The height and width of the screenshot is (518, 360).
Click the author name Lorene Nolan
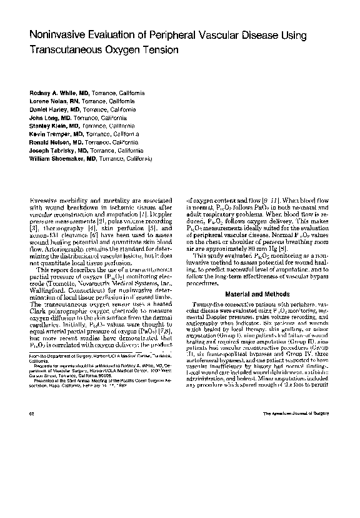coord(47,101)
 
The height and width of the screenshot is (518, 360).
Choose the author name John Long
coord(43,117)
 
